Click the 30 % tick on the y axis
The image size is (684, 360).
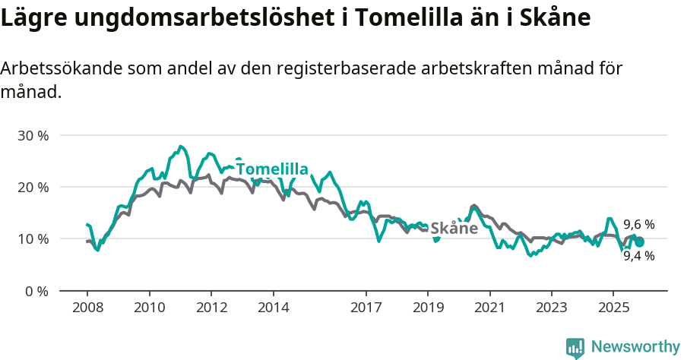[x=33, y=135]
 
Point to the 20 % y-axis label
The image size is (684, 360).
[x=33, y=187]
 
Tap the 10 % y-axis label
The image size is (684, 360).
[x=33, y=238]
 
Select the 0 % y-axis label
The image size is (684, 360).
[x=36, y=291]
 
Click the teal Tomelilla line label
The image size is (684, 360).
[x=271, y=169]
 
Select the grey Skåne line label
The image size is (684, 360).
[x=454, y=228]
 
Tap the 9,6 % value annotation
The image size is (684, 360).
[x=639, y=225]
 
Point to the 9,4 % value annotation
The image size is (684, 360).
[x=639, y=256]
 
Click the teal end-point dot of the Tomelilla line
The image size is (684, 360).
[x=640, y=242]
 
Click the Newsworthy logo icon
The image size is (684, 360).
[x=575, y=347]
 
